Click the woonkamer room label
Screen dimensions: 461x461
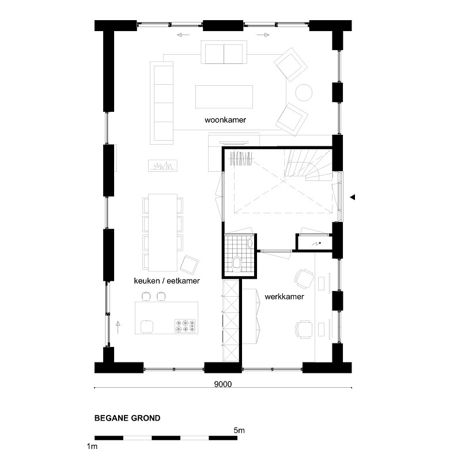pyautogui.click(x=225, y=120)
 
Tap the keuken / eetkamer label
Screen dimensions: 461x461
pyautogui.click(x=167, y=281)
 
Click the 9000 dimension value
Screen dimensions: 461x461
pyautogui.click(x=223, y=384)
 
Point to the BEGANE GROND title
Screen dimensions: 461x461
pyautogui.click(x=127, y=418)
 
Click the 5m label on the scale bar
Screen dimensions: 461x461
pyautogui.click(x=239, y=430)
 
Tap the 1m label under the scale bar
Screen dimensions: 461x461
pyautogui.click(x=92, y=446)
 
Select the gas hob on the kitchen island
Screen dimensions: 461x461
pyautogui.click(x=185, y=326)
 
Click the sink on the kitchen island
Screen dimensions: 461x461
pyautogui.click(x=147, y=326)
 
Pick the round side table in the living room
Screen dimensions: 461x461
pyautogui.click(x=304, y=93)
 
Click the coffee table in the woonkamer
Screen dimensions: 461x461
pyautogui.click(x=224, y=97)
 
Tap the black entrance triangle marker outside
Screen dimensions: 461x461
pyautogui.click(x=353, y=197)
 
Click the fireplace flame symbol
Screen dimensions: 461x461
pyautogui.click(x=163, y=166)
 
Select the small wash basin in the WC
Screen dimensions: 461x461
pyautogui.click(x=250, y=243)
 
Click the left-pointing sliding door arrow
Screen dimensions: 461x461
pyautogui.click(x=183, y=35)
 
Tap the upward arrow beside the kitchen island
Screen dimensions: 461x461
pyautogui.click(x=118, y=327)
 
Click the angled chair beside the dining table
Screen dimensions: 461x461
pyautogui.click(x=189, y=264)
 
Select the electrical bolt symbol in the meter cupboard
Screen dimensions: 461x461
pyautogui.click(x=316, y=244)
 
